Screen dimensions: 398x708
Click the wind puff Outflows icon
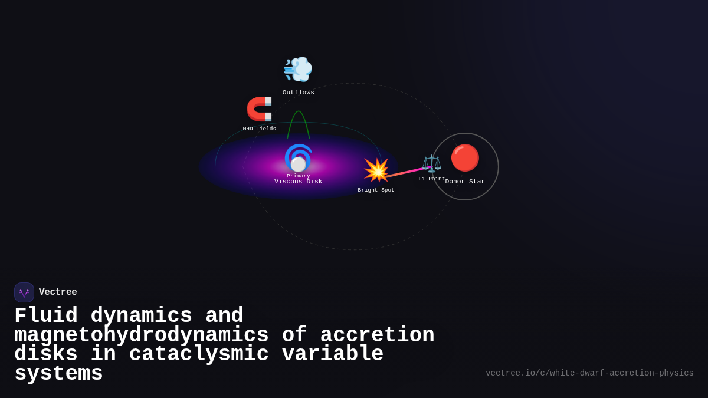[x=298, y=70]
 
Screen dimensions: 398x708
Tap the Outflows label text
[x=298, y=93]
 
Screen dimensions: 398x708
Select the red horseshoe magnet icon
[x=260, y=109]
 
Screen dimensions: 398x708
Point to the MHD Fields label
[x=260, y=129]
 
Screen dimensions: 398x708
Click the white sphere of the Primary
[x=299, y=164]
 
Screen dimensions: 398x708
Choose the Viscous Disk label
[x=299, y=182]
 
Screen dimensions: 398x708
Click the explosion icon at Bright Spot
[x=376, y=170]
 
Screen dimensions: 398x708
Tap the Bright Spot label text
[x=376, y=190]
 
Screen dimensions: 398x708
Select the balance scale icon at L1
[x=431, y=163]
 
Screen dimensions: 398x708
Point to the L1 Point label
[x=431, y=179]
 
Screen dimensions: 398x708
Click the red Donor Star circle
[x=465, y=158]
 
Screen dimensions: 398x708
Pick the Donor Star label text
[x=465, y=182]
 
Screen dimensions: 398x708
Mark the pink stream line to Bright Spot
[x=406, y=172]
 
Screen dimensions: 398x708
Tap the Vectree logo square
[x=24, y=292]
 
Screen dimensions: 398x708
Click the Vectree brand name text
[x=58, y=292]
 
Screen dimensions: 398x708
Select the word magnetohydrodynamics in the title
[x=141, y=335]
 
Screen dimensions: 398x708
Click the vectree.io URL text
[x=589, y=373]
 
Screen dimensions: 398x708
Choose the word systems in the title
[x=58, y=374]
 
